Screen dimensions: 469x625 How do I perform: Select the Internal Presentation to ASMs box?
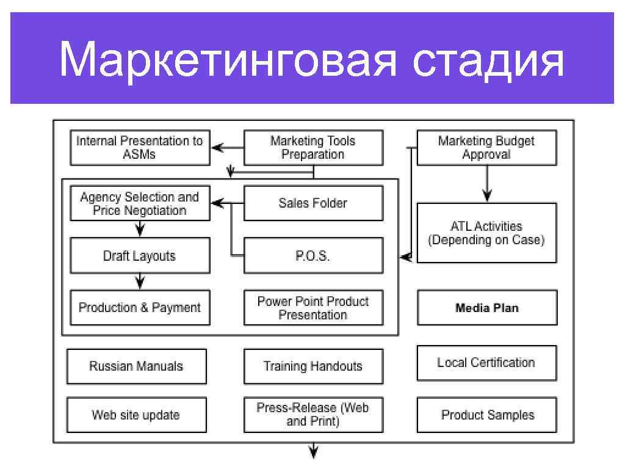pyautogui.click(x=140, y=148)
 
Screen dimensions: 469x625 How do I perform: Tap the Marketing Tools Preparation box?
pyautogui.click(x=313, y=148)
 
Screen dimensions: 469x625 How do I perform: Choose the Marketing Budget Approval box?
pyautogui.click(x=486, y=148)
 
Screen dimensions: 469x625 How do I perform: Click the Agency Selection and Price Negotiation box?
pyautogui.click(x=140, y=203)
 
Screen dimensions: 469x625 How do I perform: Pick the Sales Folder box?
pyautogui.click(x=313, y=203)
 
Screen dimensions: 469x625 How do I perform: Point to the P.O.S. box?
pyautogui.click(x=313, y=256)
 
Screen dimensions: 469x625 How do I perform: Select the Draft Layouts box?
pyautogui.click(x=140, y=256)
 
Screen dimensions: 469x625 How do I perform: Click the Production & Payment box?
pyautogui.click(x=140, y=308)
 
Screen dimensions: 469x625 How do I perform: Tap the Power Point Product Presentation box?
pyautogui.click(x=313, y=308)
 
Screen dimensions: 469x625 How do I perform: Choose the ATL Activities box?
pyautogui.click(x=486, y=233)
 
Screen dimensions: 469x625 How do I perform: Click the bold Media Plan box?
pyautogui.click(x=486, y=308)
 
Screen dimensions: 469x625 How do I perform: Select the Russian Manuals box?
pyautogui.click(x=137, y=366)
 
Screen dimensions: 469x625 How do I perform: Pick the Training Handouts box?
pyautogui.click(x=313, y=366)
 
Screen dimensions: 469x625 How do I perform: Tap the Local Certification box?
pyautogui.click(x=486, y=363)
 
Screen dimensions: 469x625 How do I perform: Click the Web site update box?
pyautogui.click(x=137, y=415)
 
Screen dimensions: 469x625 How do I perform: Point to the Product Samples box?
pyautogui.click(x=486, y=415)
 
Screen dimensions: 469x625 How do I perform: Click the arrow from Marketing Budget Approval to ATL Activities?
pyautogui.click(x=486, y=184)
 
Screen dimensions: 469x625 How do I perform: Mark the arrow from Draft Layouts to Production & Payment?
pyautogui.click(x=140, y=281)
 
